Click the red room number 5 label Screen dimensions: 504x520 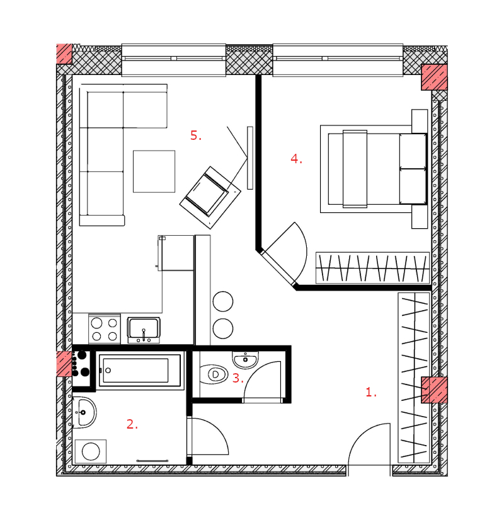(x=196, y=136)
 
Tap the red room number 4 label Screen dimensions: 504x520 (x=297, y=159)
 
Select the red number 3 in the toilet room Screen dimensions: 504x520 (x=238, y=378)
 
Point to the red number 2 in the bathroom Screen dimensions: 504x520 (x=132, y=424)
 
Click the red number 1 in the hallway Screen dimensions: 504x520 (x=371, y=392)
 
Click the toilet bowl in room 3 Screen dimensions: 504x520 (x=214, y=374)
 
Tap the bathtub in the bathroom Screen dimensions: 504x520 (x=140, y=370)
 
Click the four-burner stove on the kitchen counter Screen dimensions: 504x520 (x=105, y=329)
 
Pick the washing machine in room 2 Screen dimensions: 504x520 (x=91, y=451)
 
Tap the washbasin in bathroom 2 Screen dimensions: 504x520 (x=84, y=412)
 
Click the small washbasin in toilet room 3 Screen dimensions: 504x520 (x=245, y=360)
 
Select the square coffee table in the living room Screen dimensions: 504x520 (x=154, y=171)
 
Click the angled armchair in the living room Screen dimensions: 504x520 (x=210, y=197)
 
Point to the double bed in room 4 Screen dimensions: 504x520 (x=374, y=169)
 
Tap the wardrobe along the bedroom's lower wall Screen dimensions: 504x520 (x=373, y=268)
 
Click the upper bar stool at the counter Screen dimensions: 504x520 (x=223, y=301)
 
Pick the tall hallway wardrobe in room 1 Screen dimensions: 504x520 (x=414, y=378)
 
